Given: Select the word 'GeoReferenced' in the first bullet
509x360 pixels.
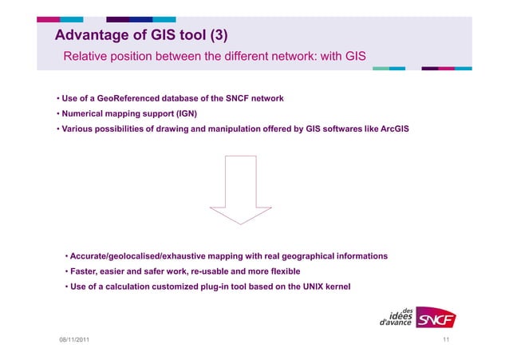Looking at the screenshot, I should [x=136, y=98].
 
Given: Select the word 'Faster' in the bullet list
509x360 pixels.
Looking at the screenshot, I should [x=86, y=271].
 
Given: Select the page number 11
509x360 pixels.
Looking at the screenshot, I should [x=446, y=342].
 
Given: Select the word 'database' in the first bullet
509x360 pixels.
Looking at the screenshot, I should [x=191, y=98].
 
